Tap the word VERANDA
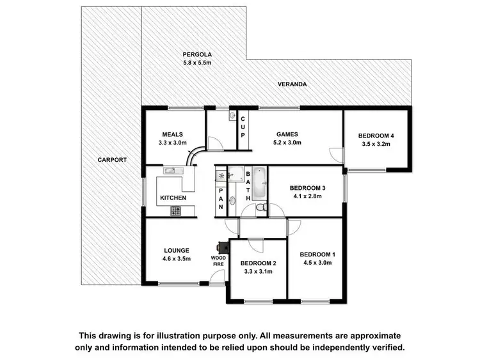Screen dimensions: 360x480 tap(292, 84)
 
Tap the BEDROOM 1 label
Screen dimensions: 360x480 tap(317, 255)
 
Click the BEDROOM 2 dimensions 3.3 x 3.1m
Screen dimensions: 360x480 tap(257, 272)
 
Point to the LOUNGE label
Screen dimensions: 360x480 tap(175, 250)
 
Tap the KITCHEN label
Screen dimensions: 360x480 tap(173, 198)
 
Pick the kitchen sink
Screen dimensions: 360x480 tap(170, 171)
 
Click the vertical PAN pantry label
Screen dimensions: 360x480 tap(221, 198)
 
